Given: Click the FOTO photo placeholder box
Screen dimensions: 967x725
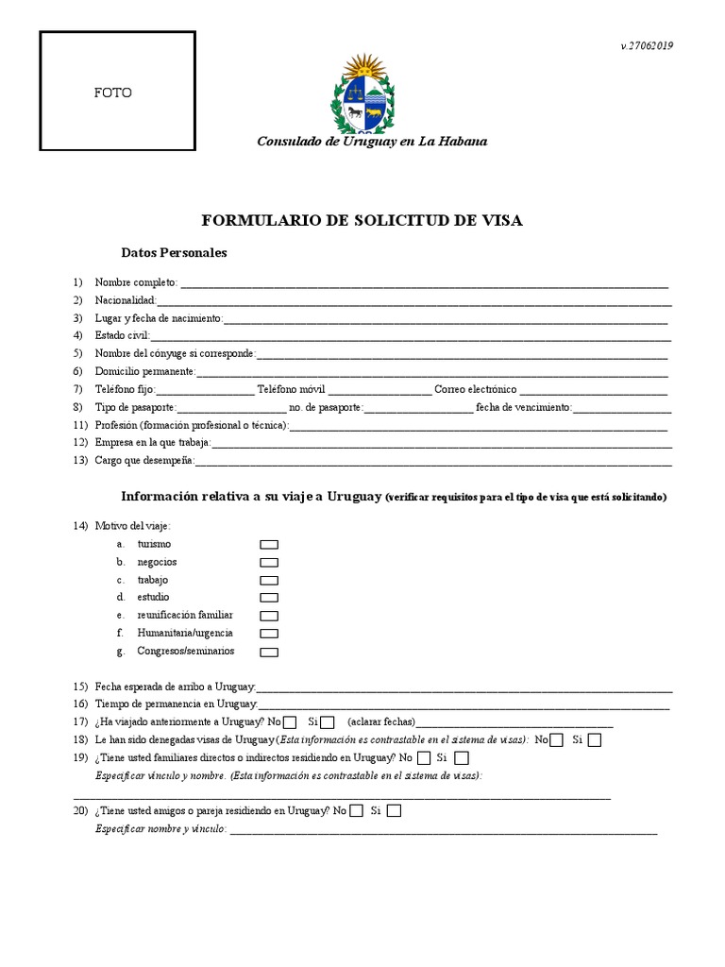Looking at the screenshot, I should [x=117, y=93].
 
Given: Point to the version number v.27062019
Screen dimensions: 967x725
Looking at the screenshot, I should [x=647, y=45].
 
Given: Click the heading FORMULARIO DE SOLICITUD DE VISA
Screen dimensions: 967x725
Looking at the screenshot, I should [x=362, y=221].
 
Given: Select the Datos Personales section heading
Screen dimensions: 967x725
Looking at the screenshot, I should [x=174, y=253].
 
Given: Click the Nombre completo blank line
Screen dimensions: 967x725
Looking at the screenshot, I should [x=424, y=283].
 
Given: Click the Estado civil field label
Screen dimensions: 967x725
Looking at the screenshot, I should [x=122, y=335].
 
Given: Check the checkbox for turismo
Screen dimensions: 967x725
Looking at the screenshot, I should [x=269, y=545].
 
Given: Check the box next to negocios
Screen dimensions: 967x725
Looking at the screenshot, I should [x=269, y=563].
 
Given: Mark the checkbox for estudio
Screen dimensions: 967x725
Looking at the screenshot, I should [x=269, y=598].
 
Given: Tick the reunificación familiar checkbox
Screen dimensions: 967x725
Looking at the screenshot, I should [x=269, y=616].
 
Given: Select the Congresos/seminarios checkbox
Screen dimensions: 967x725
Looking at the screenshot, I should [x=269, y=652].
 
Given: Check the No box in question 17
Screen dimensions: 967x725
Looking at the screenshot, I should [x=290, y=723].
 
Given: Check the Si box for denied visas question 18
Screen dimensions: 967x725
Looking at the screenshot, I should [x=594, y=740].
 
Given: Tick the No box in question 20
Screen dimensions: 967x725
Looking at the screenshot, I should [x=356, y=811].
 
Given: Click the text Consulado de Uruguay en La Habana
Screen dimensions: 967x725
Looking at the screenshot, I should [x=373, y=142].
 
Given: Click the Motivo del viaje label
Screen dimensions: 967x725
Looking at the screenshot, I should [x=133, y=526].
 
